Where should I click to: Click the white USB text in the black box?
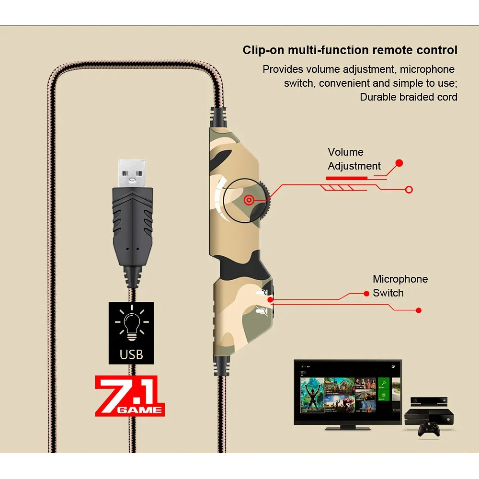(131, 354)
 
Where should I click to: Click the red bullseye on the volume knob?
(249, 200)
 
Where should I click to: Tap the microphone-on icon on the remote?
(261, 292)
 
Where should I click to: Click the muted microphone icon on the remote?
(261, 310)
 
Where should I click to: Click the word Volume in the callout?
(345, 152)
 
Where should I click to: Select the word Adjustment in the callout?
(354, 166)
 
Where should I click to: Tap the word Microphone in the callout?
(400, 279)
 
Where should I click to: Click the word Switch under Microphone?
(388, 293)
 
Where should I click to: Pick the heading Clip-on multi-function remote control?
(350, 50)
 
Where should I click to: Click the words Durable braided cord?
(408, 97)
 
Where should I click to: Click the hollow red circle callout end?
(409, 190)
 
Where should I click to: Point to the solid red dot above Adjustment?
(399, 163)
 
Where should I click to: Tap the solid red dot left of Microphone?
(366, 293)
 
